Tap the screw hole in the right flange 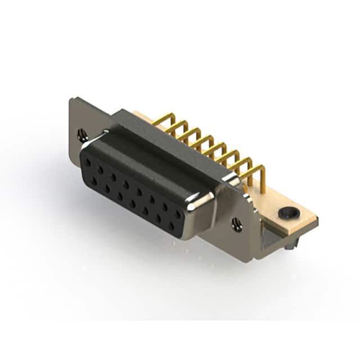click(237, 224)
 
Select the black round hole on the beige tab click(287, 213)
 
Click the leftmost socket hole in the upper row click(88, 162)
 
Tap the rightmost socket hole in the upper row click(178, 214)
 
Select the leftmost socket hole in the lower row click(94, 181)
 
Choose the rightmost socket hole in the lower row click(172, 226)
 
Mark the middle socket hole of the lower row click(133, 203)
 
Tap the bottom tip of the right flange click(256, 256)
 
